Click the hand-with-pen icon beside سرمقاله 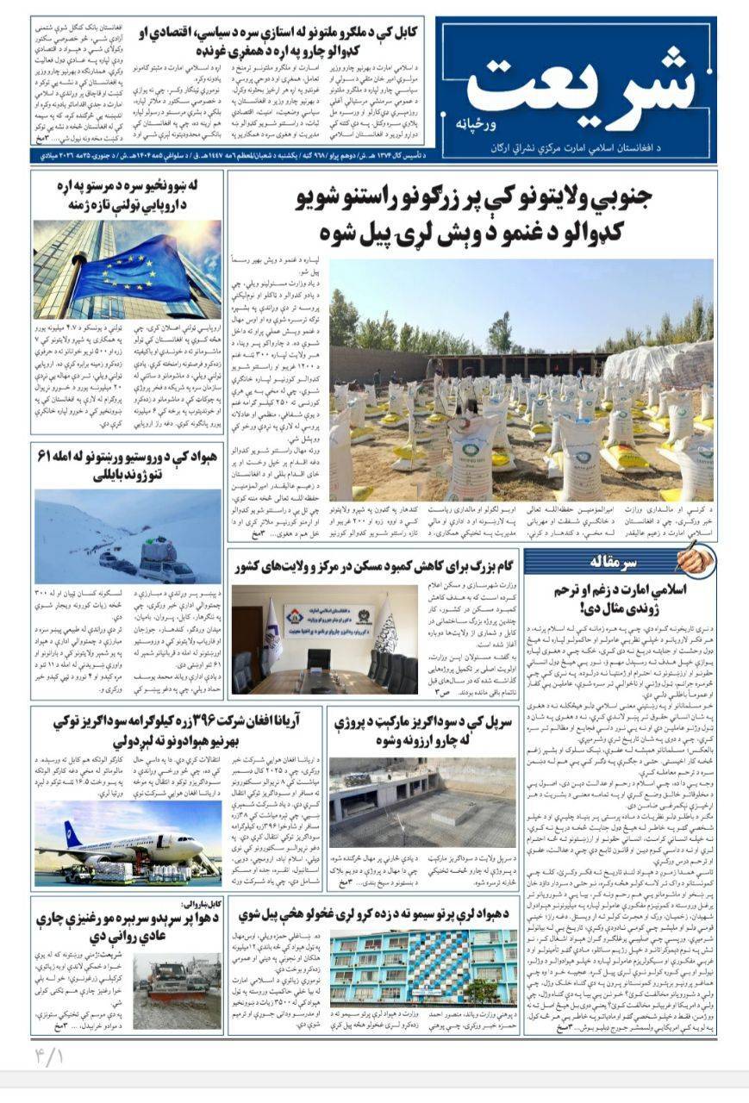695,561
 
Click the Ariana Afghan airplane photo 128,842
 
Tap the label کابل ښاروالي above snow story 199,904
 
